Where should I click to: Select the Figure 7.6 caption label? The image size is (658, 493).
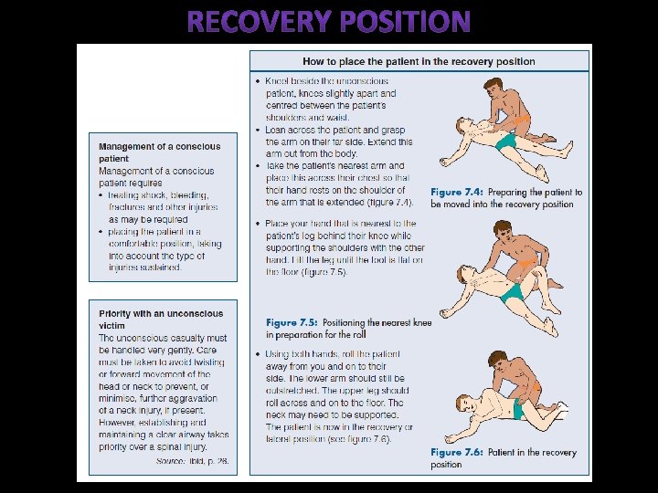tap(458, 453)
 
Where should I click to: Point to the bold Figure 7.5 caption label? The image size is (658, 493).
tap(293, 322)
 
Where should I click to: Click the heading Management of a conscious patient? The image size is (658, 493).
tap(159, 152)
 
